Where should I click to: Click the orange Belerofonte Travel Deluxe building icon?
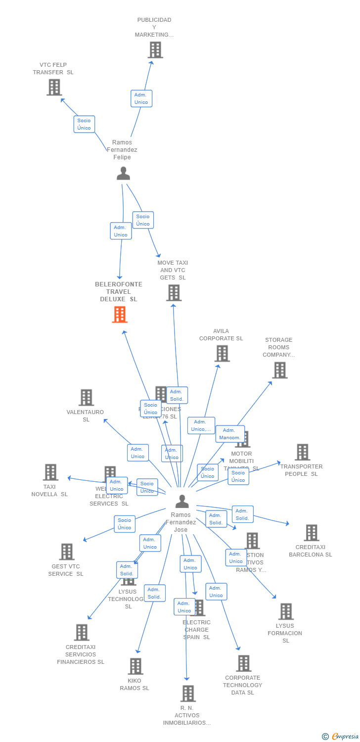pos(120,315)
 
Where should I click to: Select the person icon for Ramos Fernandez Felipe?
pos(123,173)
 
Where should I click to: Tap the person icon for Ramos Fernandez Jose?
pos(182,502)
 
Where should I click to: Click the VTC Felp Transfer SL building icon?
pos(54,88)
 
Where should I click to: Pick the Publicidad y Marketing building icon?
pos(155,50)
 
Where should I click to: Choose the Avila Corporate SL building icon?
pos(222,353)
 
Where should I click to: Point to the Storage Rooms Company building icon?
pos(279,370)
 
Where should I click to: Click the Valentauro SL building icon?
pos(86,398)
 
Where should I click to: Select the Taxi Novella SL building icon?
pos(50,472)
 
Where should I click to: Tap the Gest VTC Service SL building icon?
pos(66,552)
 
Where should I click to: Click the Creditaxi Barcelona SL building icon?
pos(311,533)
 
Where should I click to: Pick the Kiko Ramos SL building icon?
pos(135,666)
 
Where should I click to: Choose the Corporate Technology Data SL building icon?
pos(243,663)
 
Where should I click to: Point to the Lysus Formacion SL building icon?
pos(286,611)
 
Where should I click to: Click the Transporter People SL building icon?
pos(302,452)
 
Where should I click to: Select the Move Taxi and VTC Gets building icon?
pos(174,293)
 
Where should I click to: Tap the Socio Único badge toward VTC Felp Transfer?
pos(84,124)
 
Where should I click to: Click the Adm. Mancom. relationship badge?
pos(230,434)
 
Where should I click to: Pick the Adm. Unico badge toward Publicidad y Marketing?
pos(141,98)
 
